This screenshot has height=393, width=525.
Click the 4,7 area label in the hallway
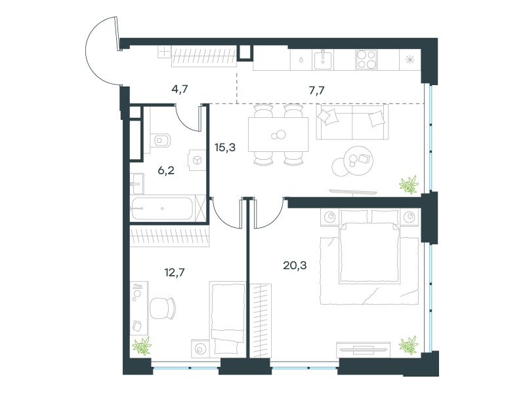180,89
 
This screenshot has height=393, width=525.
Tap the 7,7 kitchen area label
316,90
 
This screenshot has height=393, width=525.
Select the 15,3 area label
225,147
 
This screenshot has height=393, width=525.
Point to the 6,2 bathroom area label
166,170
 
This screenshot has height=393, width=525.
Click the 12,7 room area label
175,272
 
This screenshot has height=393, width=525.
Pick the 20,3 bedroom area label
295,265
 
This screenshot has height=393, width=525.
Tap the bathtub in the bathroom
162,208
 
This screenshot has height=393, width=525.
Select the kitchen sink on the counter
323,60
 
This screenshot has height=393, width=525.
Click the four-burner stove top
366,60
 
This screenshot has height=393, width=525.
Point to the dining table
278,135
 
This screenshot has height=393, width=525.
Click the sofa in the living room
352,122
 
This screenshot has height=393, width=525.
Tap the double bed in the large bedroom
369,247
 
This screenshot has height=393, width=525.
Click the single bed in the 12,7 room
228,318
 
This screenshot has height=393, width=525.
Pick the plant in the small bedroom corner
142,346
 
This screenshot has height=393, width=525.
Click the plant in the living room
409,185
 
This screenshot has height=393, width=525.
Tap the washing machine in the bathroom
198,160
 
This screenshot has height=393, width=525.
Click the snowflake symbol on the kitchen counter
409,60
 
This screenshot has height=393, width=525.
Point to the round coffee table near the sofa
352,161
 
